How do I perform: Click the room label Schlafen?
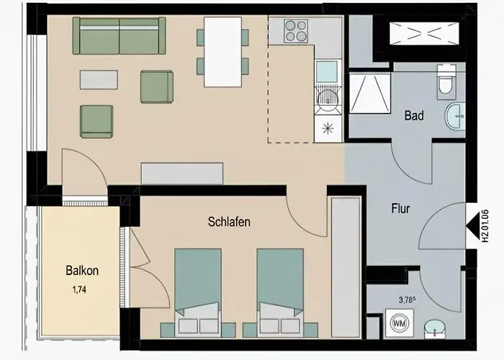pyautogui.click(x=229, y=222)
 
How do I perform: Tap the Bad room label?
pyautogui.click(x=414, y=115)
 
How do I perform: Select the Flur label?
pyautogui.click(x=400, y=210)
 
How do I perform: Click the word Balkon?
pyautogui.click(x=82, y=271)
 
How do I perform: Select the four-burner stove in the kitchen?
pyautogui.click(x=294, y=31)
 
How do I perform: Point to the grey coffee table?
pyautogui.click(x=99, y=79)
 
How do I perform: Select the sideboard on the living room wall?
pyautogui.click(x=182, y=174)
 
